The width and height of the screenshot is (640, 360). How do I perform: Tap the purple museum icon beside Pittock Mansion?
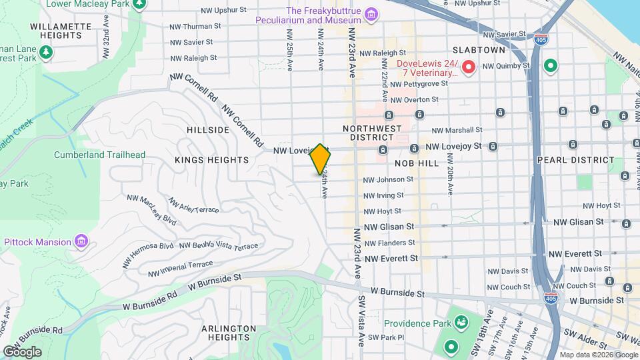pos(81,240)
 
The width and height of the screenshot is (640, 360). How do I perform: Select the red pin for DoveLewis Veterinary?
pos(469,67)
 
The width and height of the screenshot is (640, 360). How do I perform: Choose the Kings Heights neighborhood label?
pos(211,160)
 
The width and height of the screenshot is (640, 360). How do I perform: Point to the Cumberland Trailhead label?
pos(99,155)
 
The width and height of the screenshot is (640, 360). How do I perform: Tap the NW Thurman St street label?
pos(195,27)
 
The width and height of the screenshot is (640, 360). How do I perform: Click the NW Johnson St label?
pos(388,179)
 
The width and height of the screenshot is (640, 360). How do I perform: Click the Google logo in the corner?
pos(22,351)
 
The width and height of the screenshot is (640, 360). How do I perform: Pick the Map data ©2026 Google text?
pos(598,355)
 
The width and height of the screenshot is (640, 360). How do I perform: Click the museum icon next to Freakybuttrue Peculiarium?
pos(371,15)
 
